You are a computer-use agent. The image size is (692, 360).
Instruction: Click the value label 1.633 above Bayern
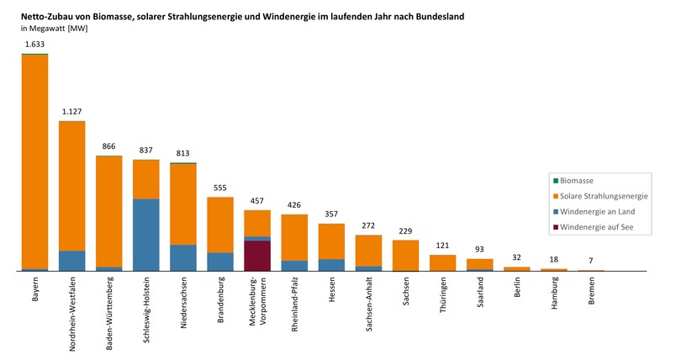tap(34, 44)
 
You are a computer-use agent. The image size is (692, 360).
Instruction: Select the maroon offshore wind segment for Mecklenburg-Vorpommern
tap(257, 256)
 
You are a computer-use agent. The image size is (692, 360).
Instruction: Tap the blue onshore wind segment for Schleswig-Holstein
tap(146, 235)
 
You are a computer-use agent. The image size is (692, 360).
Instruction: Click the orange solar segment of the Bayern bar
tap(34, 160)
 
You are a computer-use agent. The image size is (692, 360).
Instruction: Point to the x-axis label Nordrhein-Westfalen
tap(72, 308)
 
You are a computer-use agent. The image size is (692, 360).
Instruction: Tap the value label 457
tap(257, 201)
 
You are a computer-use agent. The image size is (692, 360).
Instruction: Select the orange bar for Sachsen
tap(405, 255)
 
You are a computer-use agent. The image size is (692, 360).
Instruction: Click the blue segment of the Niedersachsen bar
tap(183, 257)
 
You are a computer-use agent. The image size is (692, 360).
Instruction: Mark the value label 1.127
tap(72, 111)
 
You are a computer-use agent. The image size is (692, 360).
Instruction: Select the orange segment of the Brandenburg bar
tap(220, 224)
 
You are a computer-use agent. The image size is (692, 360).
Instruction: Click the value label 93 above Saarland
tap(480, 249)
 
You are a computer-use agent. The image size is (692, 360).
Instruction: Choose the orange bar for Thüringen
tap(442, 262)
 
